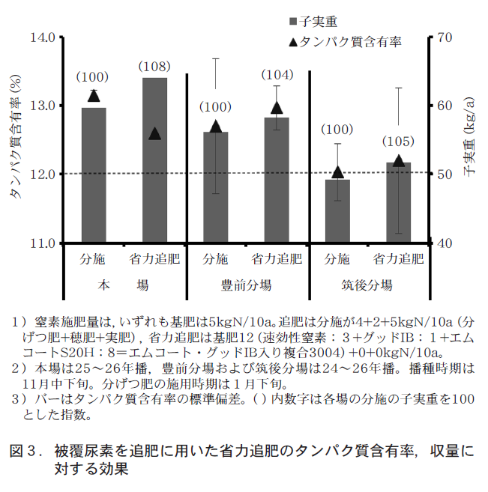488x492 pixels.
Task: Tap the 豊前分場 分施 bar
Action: [215, 187]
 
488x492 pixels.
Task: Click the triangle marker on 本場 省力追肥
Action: [154, 134]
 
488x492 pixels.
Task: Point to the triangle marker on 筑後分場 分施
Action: [337, 172]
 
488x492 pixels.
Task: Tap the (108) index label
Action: [154, 67]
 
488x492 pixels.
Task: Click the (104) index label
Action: [277, 75]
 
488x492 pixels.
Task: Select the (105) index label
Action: [398, 142]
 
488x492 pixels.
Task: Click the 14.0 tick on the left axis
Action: [46, 37]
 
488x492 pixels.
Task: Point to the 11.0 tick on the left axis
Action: [46, 243]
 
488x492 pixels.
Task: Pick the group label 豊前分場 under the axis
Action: [246, 285]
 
